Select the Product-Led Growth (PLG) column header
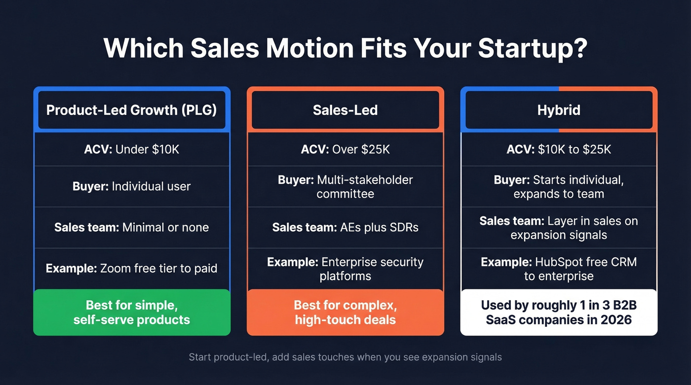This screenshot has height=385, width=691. [132, 110]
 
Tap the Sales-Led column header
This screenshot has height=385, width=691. [345, 110]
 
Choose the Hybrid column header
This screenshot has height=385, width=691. [559, 110]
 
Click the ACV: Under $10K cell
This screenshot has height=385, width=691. [132, 149]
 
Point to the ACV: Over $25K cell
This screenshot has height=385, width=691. [345, 149]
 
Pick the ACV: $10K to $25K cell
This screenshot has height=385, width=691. [559, 149]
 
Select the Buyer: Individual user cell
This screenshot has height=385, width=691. [132, 186]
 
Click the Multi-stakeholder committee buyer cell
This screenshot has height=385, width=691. [345, 186]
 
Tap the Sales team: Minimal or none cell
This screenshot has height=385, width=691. [132, 227]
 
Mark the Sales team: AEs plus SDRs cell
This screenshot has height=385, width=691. [345, 227]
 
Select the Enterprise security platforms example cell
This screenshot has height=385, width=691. [345, 269]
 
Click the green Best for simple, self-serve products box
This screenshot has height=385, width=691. [132, 312]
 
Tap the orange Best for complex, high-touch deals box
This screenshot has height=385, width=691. [345, 312]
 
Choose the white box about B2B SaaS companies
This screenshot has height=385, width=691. [559, 312]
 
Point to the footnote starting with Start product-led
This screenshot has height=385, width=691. [345, 357]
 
